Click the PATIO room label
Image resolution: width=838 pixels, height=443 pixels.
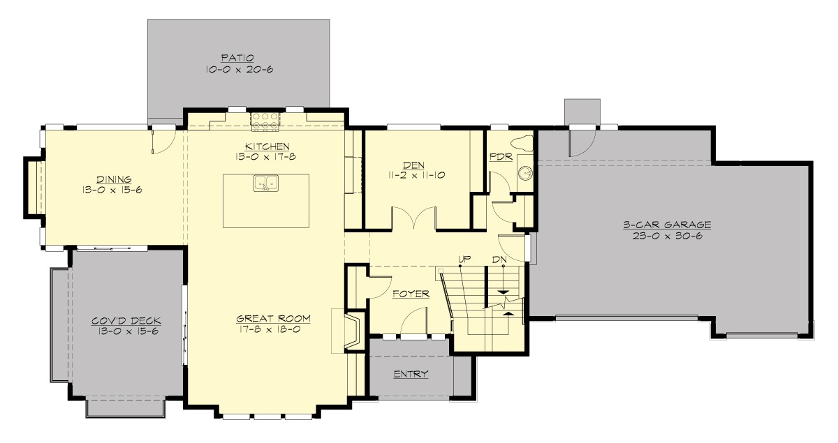pos(238,57)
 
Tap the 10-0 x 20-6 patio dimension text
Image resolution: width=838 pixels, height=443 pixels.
pos(238,70)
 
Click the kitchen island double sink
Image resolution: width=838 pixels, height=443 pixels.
pos(267,183)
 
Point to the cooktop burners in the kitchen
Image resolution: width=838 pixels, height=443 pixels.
pos(266,121)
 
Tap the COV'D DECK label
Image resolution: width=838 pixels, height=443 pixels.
pos(126,321)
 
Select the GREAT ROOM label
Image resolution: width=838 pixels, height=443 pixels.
pos(273,318)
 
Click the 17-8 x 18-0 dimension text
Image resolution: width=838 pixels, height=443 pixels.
pos(273,330)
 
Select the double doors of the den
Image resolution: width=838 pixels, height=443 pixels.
pos(415,218)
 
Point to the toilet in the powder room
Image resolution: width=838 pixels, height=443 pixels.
pos(524,144)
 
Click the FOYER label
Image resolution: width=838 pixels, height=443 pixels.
pos(410,294)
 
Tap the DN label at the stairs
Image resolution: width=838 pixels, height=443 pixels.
pos(499,259)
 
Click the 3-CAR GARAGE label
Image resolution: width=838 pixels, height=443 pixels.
pos(667,225)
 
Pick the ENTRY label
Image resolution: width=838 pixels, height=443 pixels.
pos(411,375)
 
